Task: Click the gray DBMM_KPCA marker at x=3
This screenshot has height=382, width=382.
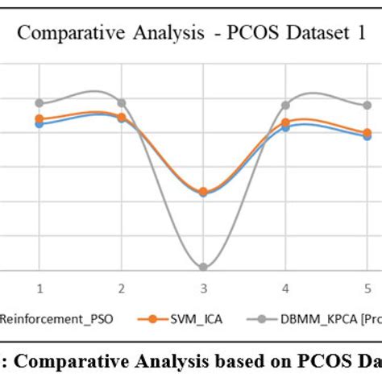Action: tap(203, 267)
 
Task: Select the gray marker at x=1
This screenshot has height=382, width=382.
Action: tap(39, 103)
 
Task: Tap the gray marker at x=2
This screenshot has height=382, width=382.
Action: tap(122, 103)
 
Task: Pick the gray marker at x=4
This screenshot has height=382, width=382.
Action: tap(285, 105)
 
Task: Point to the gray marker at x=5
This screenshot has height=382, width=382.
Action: tap(367, 105)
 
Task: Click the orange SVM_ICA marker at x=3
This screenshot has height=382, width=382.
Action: tap(203, 192)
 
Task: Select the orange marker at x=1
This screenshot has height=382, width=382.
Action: tap(39, 119)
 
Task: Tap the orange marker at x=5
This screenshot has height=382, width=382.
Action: tap(367, 132)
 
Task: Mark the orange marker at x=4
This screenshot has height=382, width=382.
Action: tap(285, 122)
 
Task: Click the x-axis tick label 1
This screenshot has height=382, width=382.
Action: tap(39, 288)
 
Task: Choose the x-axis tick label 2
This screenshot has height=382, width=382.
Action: tap(122, 288)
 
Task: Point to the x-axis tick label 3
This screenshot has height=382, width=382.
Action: tap(203, 288)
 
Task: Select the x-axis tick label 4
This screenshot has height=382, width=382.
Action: tap(285, 288)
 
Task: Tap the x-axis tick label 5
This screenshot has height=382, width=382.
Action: tap(367, 288)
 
